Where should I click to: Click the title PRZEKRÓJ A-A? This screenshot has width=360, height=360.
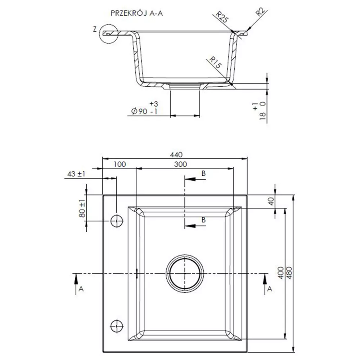click(x=136, y=13)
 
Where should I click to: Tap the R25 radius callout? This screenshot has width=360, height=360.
click(x=222, y=17)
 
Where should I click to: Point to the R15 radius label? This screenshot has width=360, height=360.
click(x=215, y=63)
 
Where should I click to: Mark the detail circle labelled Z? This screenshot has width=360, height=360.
click(x=108, y=34)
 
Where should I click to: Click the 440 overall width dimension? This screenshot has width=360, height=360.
click(x=176, y=154)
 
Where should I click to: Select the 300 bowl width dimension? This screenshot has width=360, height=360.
click(x=180, y=164)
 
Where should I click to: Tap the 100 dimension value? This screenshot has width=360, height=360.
click(x=120, y=164)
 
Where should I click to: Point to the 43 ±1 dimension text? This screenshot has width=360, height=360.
click(x=76, y=174)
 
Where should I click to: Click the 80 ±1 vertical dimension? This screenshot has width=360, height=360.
click(x=82, y=208)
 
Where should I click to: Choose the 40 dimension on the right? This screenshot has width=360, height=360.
click(x=271, y=201)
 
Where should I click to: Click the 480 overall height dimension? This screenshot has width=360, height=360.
click(x=289, y=273)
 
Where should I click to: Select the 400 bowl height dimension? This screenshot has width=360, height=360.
click(x=281, y=273)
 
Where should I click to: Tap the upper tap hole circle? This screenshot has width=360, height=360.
click(x=117, y=221)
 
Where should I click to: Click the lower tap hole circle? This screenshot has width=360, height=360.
click(x=117, y=326)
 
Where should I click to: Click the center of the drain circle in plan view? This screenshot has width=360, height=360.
click(x=185, y=274)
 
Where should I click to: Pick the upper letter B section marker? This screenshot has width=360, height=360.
click(x=203, y=174)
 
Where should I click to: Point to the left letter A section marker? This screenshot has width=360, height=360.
click(x=81, y=289)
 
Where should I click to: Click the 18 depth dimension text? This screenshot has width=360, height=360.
click(x=263, y=116)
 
